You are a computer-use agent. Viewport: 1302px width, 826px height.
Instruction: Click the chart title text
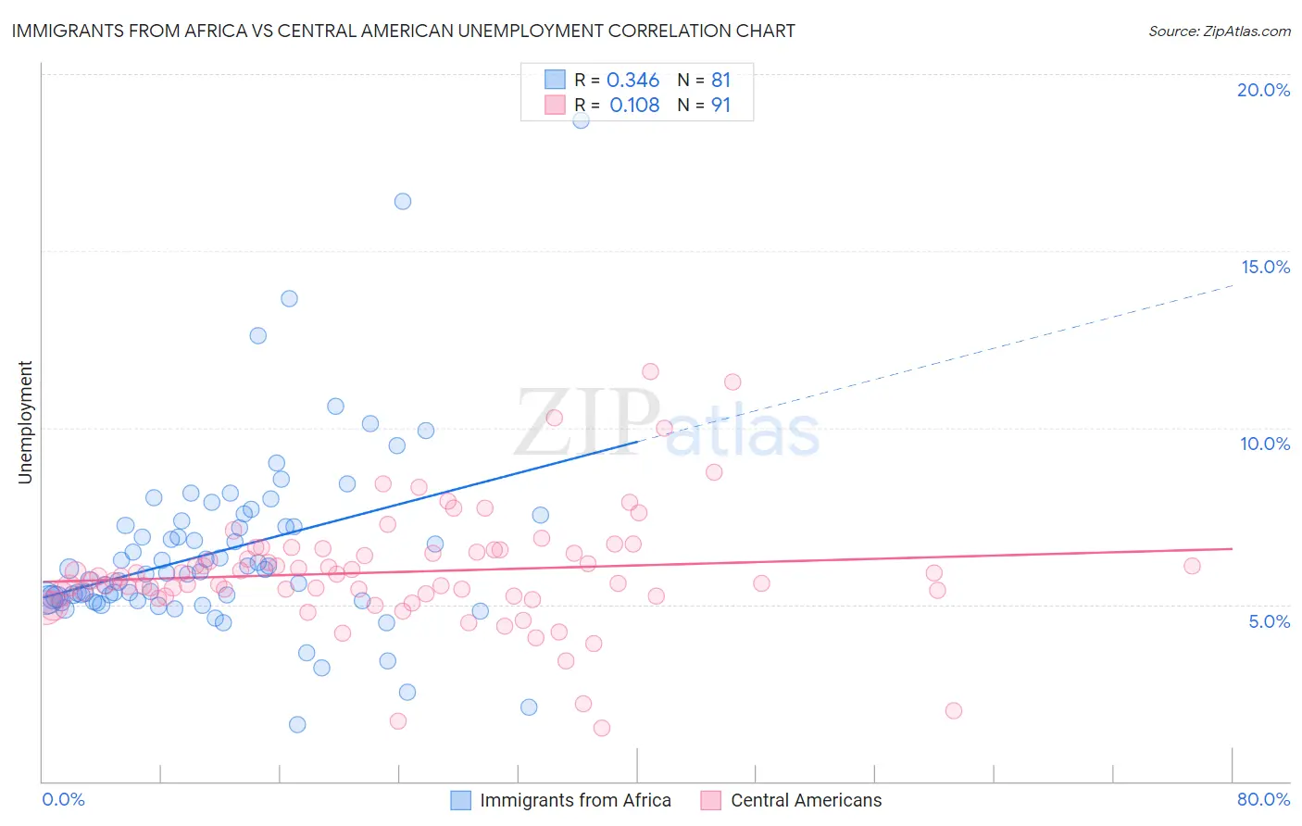tap(403, 31)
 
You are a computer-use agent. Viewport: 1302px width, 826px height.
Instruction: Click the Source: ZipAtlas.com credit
tap(1219, 31)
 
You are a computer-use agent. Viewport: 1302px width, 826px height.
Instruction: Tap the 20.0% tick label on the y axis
tap(1263, 90)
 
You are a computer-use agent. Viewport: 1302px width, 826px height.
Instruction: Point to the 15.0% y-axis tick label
tap(1265, 267)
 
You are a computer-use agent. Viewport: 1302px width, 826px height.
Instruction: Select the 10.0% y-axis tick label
tap(1265, 444)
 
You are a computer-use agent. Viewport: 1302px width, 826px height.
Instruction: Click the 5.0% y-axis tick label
tap(1269, 621)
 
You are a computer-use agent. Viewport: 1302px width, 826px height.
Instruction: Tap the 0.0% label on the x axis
tap(63, 799)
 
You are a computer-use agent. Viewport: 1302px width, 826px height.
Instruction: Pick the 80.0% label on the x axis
tap(1263, 799)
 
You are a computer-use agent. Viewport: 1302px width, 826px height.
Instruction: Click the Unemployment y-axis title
tap(25, 422)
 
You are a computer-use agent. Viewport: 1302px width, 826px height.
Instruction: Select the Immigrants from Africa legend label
tap(575, 800)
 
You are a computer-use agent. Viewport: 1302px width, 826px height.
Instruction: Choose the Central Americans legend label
tap(806, 800)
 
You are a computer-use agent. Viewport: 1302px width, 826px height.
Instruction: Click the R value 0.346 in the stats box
tap(632, 81)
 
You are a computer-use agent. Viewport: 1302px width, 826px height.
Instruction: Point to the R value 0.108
tap(634, 106)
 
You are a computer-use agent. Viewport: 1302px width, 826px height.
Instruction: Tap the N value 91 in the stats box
tap(720, 106)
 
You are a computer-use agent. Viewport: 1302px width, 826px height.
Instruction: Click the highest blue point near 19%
tap(581, 119)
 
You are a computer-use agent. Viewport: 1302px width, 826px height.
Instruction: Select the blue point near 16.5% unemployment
tap(403, 201)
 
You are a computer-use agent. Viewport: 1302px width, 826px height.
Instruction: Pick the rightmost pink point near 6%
tap(1192, 566)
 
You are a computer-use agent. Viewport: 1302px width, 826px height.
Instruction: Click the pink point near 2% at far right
tap(954, 710)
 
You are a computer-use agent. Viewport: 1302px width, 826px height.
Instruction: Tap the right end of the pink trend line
tap(1232, 549)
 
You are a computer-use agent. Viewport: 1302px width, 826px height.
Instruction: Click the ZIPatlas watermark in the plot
tap(667, 423)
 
